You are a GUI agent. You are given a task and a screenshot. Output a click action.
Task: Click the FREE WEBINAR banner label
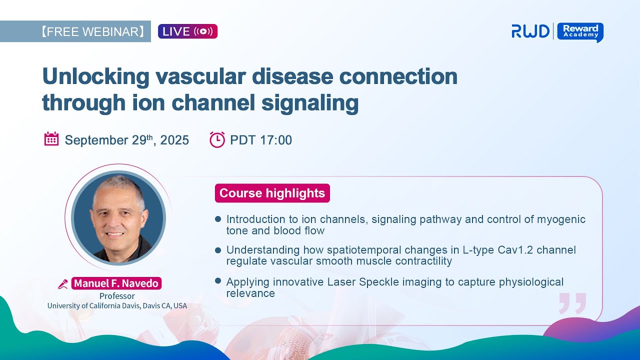coord(92,31)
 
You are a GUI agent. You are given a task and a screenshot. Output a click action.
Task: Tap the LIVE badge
coord(187,31)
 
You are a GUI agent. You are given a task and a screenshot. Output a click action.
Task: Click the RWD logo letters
coord(530,31)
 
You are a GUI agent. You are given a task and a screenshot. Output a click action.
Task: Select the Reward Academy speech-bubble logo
coord(580,32)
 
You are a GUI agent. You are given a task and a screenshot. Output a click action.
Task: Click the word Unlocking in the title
coord(95,76)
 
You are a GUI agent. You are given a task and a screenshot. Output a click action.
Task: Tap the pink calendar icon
coord(51,139)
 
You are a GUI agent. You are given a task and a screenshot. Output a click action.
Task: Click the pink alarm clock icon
coord(217,139)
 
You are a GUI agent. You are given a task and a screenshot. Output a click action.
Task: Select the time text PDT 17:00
coord(261,140)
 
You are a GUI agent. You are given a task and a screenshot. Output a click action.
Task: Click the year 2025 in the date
coord(174,140)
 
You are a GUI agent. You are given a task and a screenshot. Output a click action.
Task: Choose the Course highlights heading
coord(272,193)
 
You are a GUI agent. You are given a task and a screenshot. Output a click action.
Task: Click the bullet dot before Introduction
coord(218,219)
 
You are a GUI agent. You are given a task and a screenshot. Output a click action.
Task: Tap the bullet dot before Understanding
coord(218,250)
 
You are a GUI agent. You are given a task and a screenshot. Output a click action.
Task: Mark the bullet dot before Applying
coord(218,281)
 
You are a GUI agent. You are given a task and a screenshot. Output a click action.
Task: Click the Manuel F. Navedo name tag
coord(116,283)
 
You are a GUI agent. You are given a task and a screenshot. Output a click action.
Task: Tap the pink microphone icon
coord(63,284)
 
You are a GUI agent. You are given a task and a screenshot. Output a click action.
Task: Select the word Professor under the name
coord(117,296)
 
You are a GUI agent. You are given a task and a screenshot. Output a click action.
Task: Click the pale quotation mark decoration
coord(572,303)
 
